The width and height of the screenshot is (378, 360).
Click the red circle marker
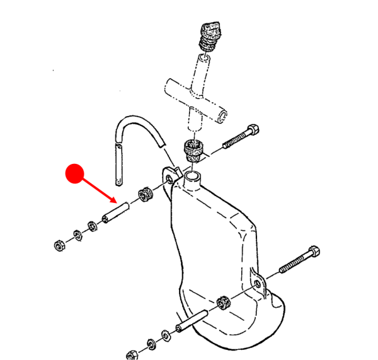click(x=75, y=173)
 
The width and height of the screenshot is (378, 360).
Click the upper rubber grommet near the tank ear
click(x=145, y=195)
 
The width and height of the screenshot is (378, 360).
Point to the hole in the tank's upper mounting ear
click(x=168, y=180)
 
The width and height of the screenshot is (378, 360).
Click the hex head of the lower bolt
click(x=312, y=253)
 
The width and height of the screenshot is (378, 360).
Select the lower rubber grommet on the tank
click(x=223, y=303)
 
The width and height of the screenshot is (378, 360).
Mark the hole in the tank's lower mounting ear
click(x=257, y=285)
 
